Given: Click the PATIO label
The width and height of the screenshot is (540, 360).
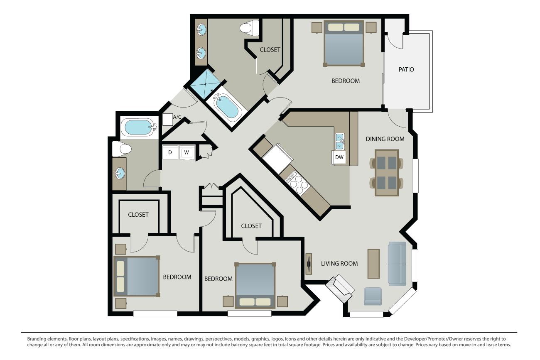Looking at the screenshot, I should click(406, 70).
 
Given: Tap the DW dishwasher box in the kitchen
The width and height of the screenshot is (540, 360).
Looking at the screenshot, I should click(339, 157).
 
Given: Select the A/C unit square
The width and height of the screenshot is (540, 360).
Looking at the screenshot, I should click(168, 120).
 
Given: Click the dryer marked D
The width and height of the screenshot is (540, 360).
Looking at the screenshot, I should click(170, 153).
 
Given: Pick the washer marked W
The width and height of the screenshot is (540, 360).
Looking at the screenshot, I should click(187, 153).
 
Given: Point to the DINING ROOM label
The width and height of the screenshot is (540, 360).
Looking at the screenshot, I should click(385, 139).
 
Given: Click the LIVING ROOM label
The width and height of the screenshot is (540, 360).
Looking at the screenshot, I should click(339, 263).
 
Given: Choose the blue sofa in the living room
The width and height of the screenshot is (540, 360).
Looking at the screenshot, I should click(397, 264).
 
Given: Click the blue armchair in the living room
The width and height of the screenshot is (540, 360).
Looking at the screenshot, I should click(373, 296).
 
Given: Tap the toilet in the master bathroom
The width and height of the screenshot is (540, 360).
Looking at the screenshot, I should click(249, 28).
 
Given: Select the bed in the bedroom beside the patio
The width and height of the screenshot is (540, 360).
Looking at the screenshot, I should click(344, 44).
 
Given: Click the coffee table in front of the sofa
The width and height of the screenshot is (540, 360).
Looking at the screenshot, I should click(373, 264).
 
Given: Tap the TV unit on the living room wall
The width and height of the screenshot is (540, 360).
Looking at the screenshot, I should click(309, 264).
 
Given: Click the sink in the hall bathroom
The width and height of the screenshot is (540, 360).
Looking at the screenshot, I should click(120, 173).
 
